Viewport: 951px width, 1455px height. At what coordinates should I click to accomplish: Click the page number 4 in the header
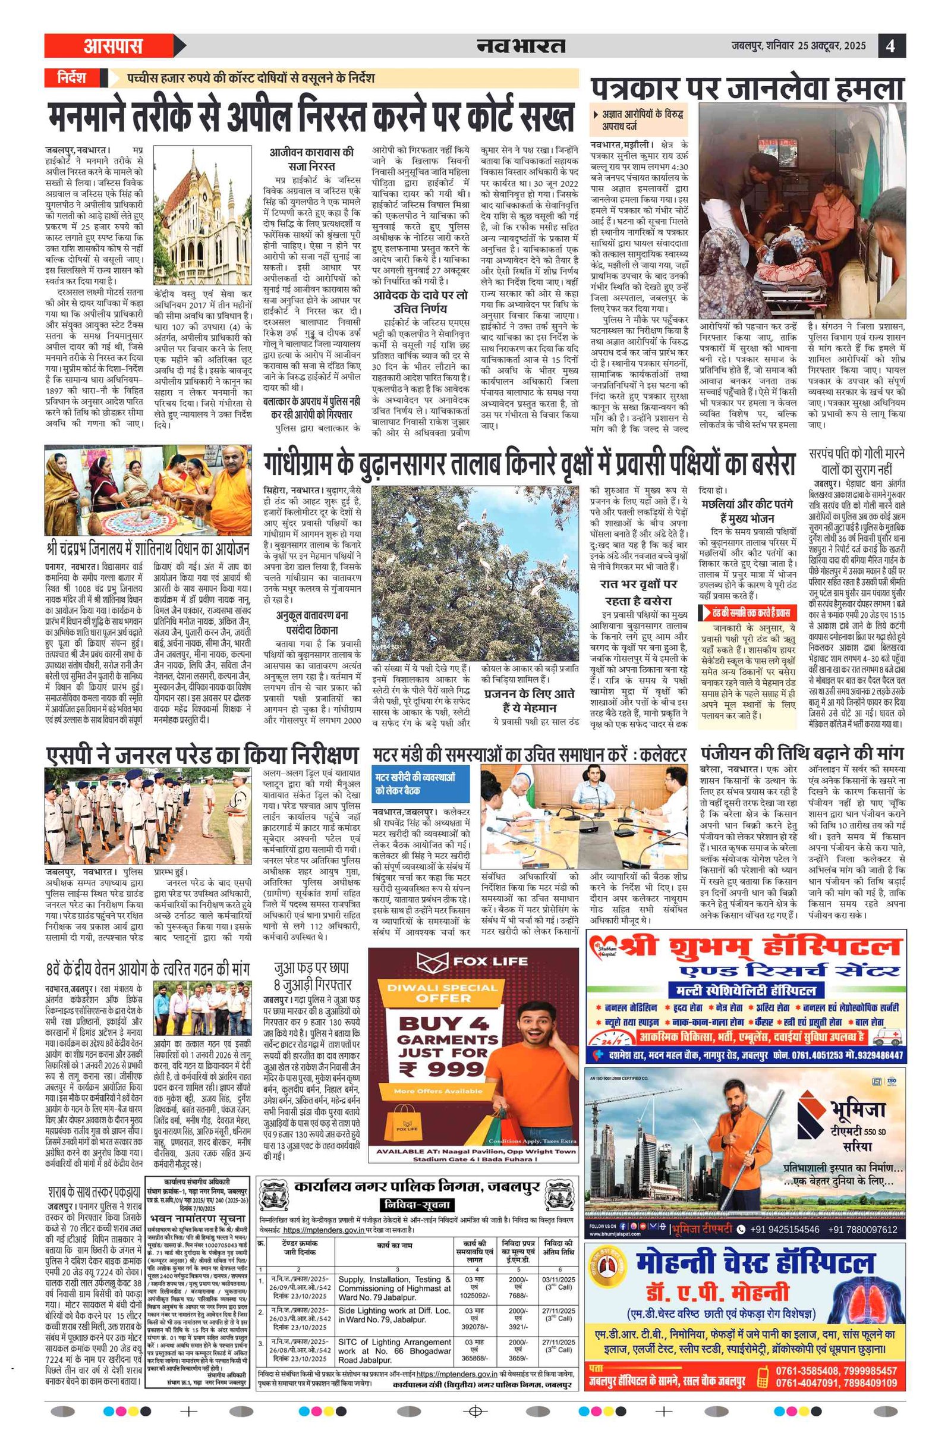(891, 46)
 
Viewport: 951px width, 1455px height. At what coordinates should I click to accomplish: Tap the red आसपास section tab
(113, 46)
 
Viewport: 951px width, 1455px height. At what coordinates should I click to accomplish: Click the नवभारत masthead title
(521, 46)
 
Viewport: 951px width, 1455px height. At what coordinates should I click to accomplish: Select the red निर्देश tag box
(72, 78)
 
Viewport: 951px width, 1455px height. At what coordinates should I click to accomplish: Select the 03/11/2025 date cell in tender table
(558, 1278)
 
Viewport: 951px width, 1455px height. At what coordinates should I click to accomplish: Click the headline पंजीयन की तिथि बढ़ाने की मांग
(801, 753)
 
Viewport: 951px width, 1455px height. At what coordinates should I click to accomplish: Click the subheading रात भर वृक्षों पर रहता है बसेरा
(638, 592)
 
